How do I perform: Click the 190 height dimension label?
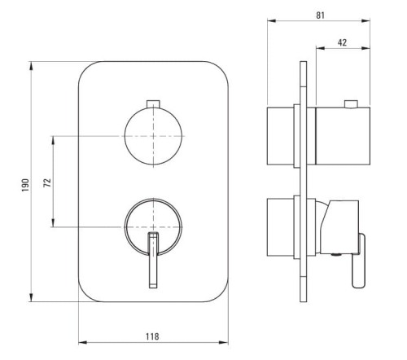click(x=25, y=185)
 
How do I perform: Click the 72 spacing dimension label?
click(x=47, y=182)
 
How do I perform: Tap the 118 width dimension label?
click(x=152, y=336)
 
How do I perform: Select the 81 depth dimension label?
click(x=320, y=15)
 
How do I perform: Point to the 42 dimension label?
click(x=342, y=42)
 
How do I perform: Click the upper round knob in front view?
click(x=153, y=136)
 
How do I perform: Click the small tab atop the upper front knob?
click(x=153, y=103)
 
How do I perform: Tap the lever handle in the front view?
click(x=153, y=260)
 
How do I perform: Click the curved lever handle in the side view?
click(x=360, y=261)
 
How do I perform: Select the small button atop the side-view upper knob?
click(x=351, y=104)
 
